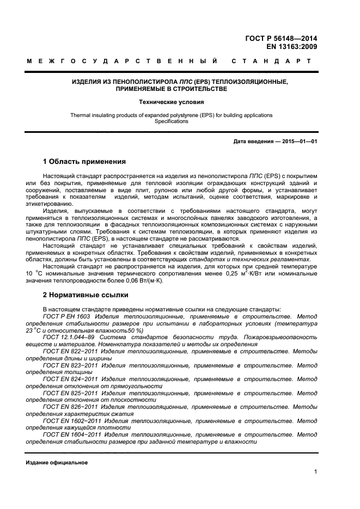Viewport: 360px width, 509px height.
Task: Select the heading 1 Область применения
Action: pyautogui.click(x=84, y=162)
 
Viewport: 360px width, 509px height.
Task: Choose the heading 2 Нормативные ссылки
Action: pyautogui.click(x=86, y=295)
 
